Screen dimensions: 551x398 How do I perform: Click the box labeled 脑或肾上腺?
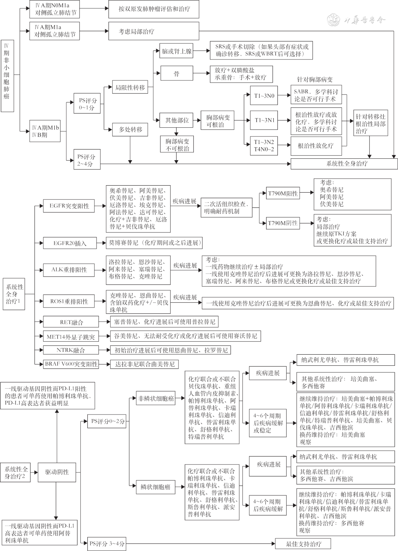pyautogui.click(x=177, y=51)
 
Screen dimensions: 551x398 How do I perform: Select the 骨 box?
pyautogui.click(x=177, y=74)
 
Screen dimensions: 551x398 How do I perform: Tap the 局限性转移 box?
pyautogui.click(x=130, y=88)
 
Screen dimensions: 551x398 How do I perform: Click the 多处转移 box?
pyautogui.click(x=130, y=130)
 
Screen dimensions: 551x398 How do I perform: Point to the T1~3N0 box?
pyautogui.click(x=264, y=96)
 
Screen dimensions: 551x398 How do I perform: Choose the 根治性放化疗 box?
pyautogui.click(x=315, y=145)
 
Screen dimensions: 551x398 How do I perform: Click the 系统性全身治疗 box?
pyautogui.click(x=344, y=163)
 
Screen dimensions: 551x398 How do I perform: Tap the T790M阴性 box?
pyautogui.click(x=283, y=223)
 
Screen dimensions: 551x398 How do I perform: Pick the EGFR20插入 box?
pyautogui.click(x=70, y=243)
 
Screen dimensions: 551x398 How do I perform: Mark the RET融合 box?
pyautogui.click(x=71, y=322)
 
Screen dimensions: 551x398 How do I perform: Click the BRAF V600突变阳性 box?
pyautogui.click(x=71, y=364)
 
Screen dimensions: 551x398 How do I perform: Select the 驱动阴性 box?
pyautogui.click(x=57, y=472)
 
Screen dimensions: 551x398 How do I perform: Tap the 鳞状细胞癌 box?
pyautogui.click(x=155, y=487)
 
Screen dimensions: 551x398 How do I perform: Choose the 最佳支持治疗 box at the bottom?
pyautogui.click(x=303, y=544)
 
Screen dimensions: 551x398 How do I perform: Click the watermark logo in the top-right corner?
pyautogui.click(x=334, y=20)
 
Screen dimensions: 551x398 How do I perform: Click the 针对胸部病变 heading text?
pyautogui.click(x=315, y=79)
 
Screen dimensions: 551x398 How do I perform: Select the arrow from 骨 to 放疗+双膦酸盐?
pyautogui.click(x=201, y=74)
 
